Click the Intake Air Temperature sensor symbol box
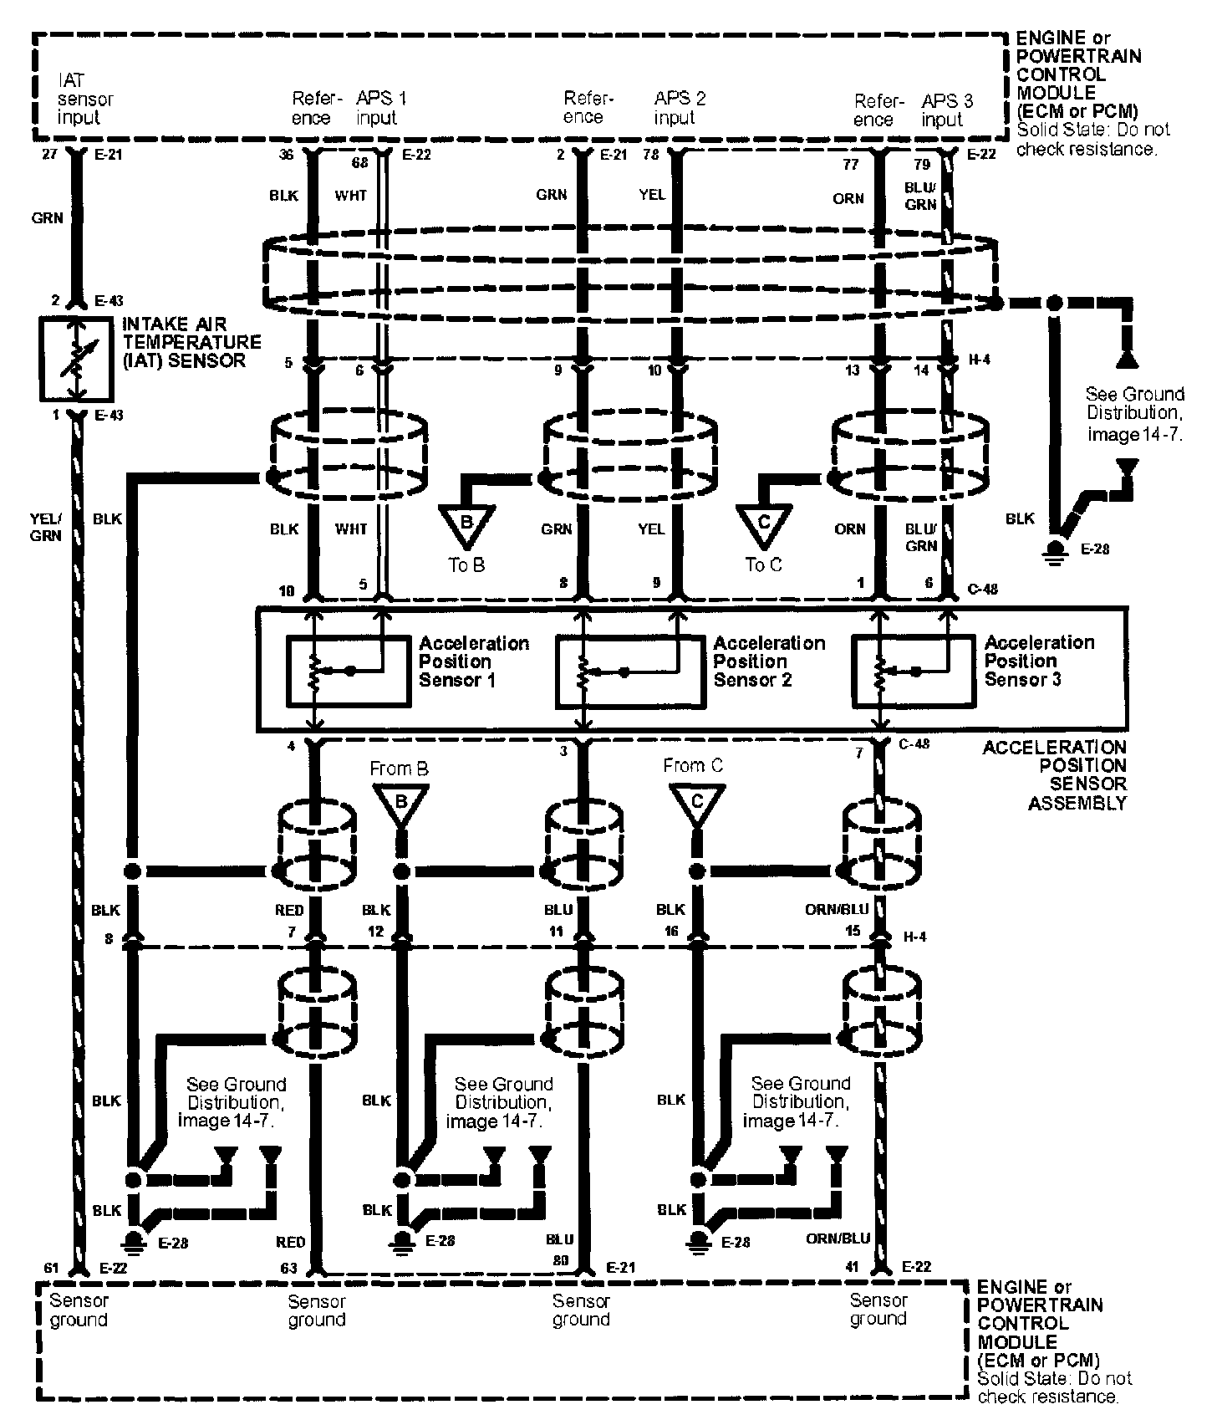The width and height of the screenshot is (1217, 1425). coord(76,358)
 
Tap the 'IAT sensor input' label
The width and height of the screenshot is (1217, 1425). coord(84,99)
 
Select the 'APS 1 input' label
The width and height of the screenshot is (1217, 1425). coord(380,108)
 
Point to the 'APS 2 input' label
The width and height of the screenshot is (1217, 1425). coord(679,108)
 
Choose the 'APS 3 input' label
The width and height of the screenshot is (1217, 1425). coord(946,110)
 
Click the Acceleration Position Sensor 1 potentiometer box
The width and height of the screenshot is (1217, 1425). coord(349,671)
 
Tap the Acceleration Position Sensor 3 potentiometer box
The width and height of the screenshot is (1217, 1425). coord(912,671)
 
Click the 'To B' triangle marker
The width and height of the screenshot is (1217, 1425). coord(466,524)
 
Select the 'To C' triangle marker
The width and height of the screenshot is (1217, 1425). coord(763,524)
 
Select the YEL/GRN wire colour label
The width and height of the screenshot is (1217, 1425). coord(45,527)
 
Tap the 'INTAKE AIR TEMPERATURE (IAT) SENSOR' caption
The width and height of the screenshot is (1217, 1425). coord(191,342)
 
